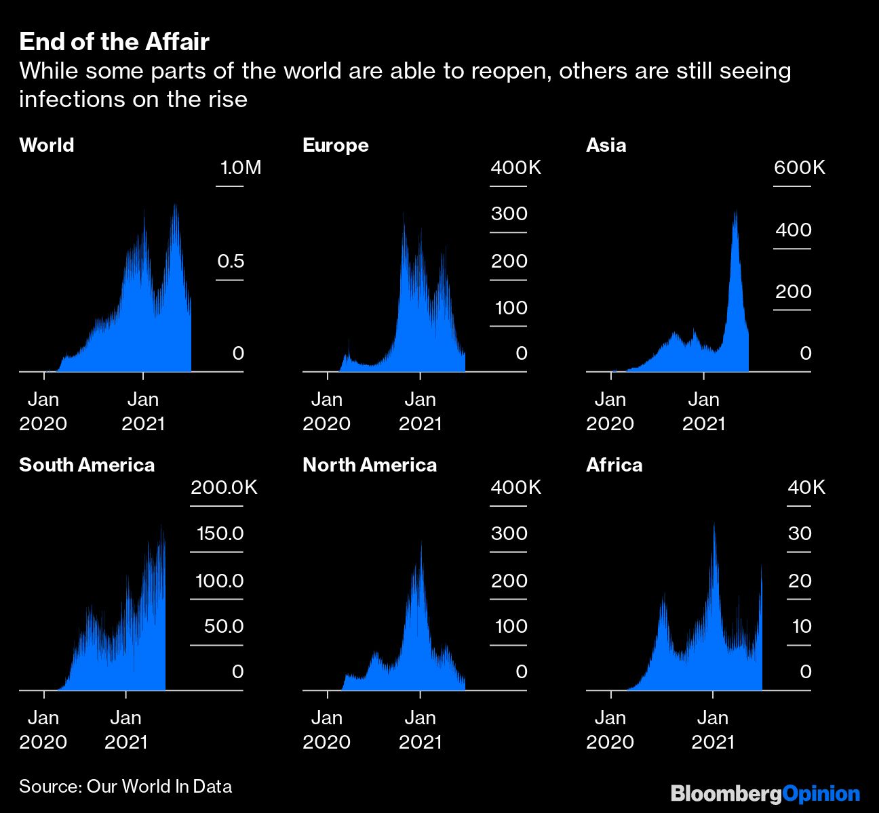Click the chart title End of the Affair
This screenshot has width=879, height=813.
pyautogui.click(x=114, y=42)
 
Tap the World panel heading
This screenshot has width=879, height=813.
pyautogui.click(x=46, y=145)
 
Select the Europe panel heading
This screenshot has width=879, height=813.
pyautogui.click(x=335, y=145)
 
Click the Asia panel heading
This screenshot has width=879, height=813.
pyautogui.click(x=606, y=145)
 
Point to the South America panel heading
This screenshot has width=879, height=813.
pyautogui.click(x=87, y=465)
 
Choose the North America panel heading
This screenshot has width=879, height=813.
pyautogui.click(x=370, y=465)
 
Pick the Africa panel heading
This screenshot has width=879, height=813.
pyautogui.click(x=614, y=465)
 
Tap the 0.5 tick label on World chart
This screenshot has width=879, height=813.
pyautogui.click(x=231, y=262)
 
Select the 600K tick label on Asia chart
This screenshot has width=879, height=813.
pyautogui.click(x=800, y=168)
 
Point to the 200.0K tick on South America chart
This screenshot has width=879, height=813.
pyautogui.click(x=224, y=488)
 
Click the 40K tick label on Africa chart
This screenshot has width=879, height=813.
pyautogui.click(x=806, y=488)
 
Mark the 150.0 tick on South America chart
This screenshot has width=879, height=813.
pyautogui.click(x=220, y=534)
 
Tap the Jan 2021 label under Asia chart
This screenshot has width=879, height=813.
pyautogui.click(x=703, y=411)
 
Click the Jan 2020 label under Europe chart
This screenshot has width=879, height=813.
pyautogui.click(x=326, y=411)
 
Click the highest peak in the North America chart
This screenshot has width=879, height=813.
pyautogui.click(x=421, y=543)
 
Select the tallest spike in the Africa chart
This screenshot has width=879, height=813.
pyautogui.click(x=714, y=526)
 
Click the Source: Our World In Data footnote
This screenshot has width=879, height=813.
pyautogui.click(x=125, y=787)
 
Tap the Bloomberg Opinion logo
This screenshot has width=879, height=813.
pyautogui.click(x=765, y=793)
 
